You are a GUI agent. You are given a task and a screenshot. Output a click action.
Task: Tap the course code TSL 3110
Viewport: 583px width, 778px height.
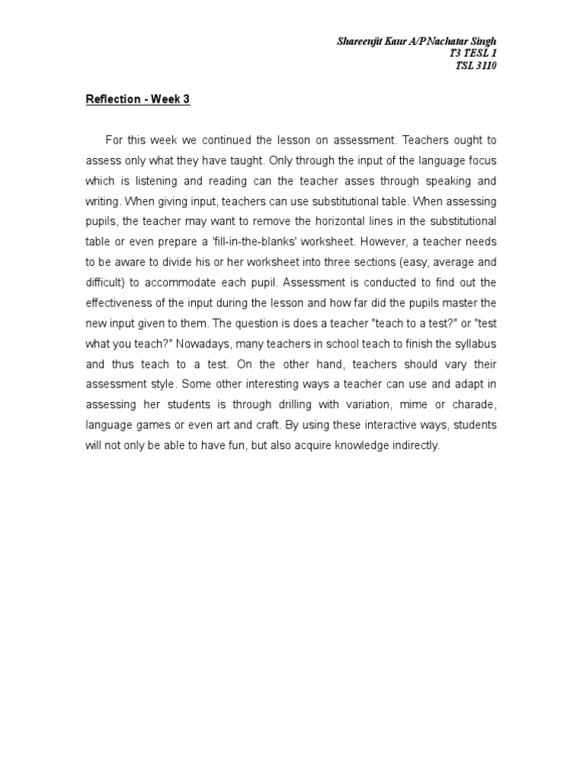(476, 66)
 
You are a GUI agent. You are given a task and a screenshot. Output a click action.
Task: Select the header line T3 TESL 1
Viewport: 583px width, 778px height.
(474, 53)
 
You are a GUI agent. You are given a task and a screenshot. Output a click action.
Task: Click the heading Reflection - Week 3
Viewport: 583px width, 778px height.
(137, 100)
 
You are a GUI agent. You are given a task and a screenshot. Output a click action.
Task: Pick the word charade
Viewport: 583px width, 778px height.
(474, 404)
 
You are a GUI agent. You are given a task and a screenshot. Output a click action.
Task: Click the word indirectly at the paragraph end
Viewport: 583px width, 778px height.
(414, 445)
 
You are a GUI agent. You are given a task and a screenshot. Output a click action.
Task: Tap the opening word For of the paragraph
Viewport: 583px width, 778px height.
(114, 140)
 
